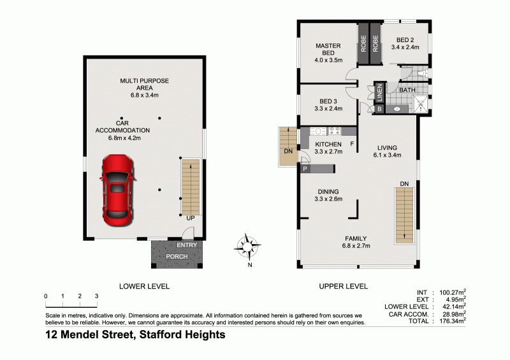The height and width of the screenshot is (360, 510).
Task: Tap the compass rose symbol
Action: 249,247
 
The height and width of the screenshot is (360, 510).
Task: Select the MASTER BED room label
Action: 328,49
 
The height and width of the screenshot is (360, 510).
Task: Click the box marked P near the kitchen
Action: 305,169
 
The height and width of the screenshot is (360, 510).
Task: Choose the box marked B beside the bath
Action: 379,110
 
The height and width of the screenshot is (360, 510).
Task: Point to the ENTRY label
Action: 187,245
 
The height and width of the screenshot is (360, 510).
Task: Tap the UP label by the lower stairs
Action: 190,219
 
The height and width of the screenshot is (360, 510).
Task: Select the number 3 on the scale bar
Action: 96,296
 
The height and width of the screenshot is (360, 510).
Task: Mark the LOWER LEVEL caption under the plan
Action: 145,287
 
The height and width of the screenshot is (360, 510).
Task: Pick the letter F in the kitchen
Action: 352,144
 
